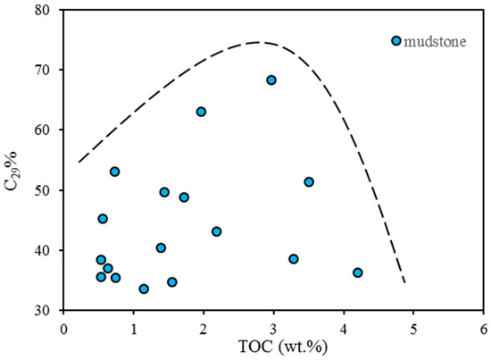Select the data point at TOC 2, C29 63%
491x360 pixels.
click(201, 112)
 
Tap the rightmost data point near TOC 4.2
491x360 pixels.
click(357, 272)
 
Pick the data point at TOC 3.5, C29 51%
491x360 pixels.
click(309, 182)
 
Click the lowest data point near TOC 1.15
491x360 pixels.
click(144, 289)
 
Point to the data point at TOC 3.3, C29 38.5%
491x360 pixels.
click(293, 259)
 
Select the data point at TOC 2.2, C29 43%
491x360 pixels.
click(216, 231)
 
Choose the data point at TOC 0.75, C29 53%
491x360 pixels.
click(115, 172)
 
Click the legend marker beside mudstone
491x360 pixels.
click(396, 41)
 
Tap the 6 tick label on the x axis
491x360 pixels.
click(484, 327)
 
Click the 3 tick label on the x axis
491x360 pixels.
click(273, 327)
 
